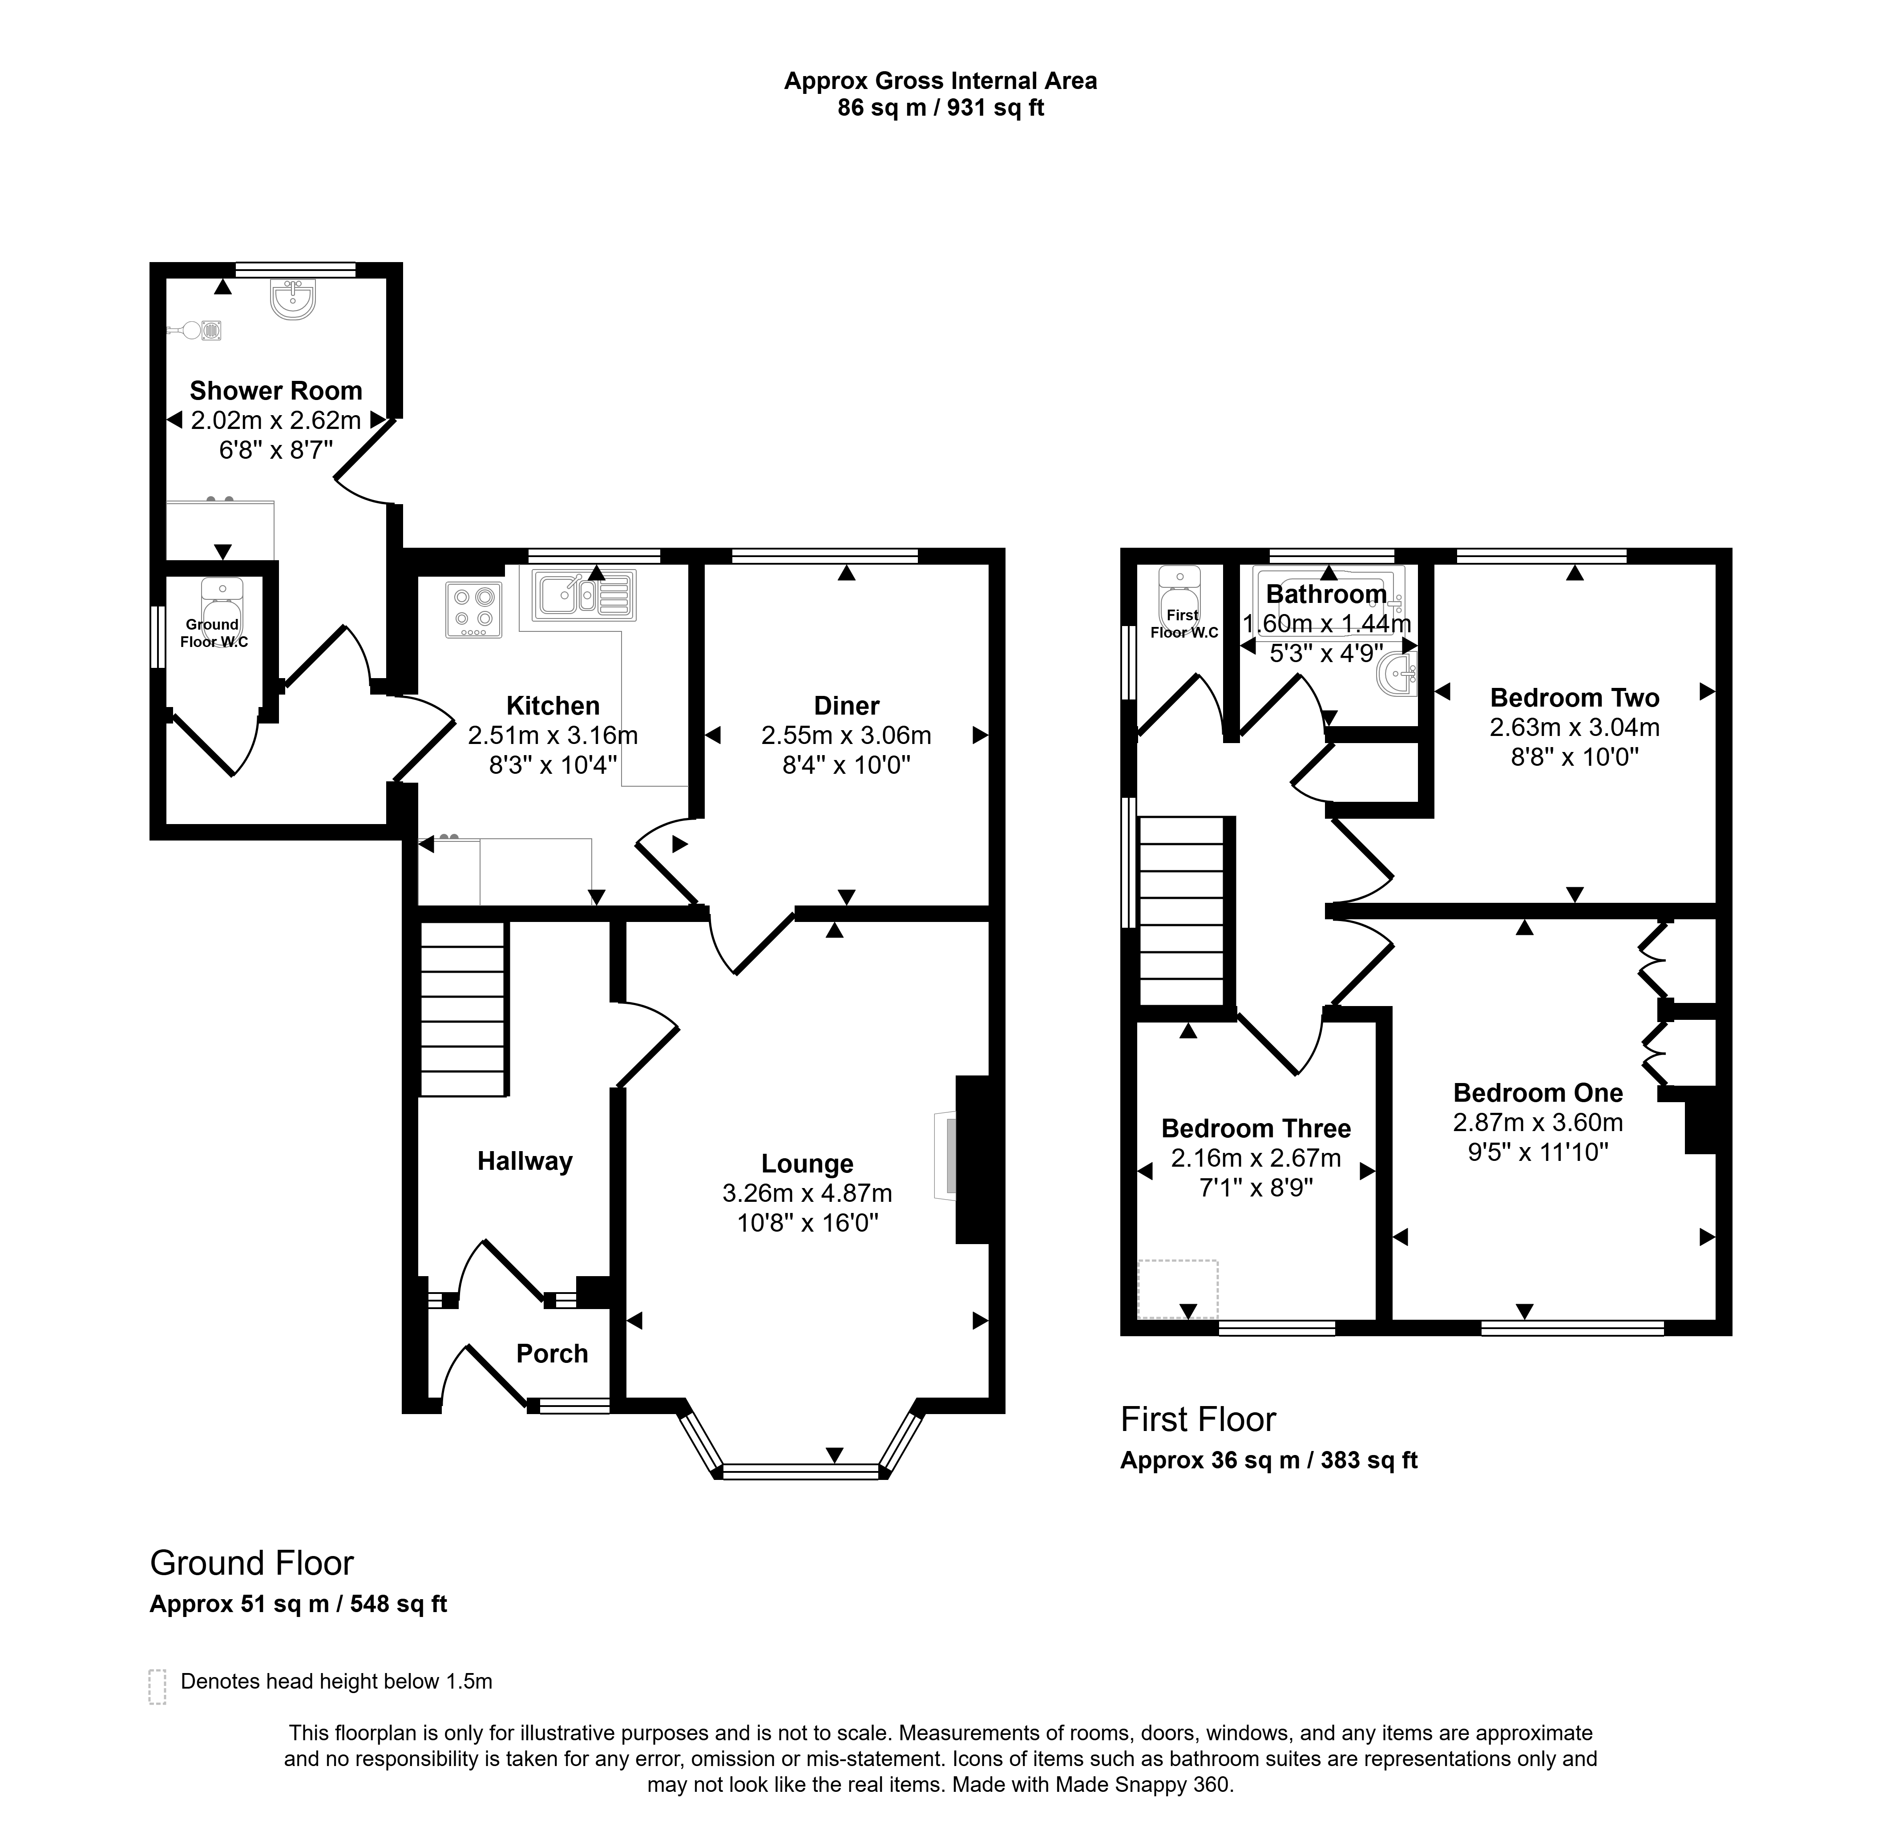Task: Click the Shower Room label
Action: [x=276, y=390]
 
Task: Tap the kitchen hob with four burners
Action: [x=473, y=610]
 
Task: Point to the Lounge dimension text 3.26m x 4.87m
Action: [x=807, y=1193]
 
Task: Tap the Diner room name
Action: [x=846, y=706]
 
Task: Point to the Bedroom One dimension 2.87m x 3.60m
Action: [x=1538, y=1122]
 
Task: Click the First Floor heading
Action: [x=1198, y=1419]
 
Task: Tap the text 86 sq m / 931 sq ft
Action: [x=941, y=108]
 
